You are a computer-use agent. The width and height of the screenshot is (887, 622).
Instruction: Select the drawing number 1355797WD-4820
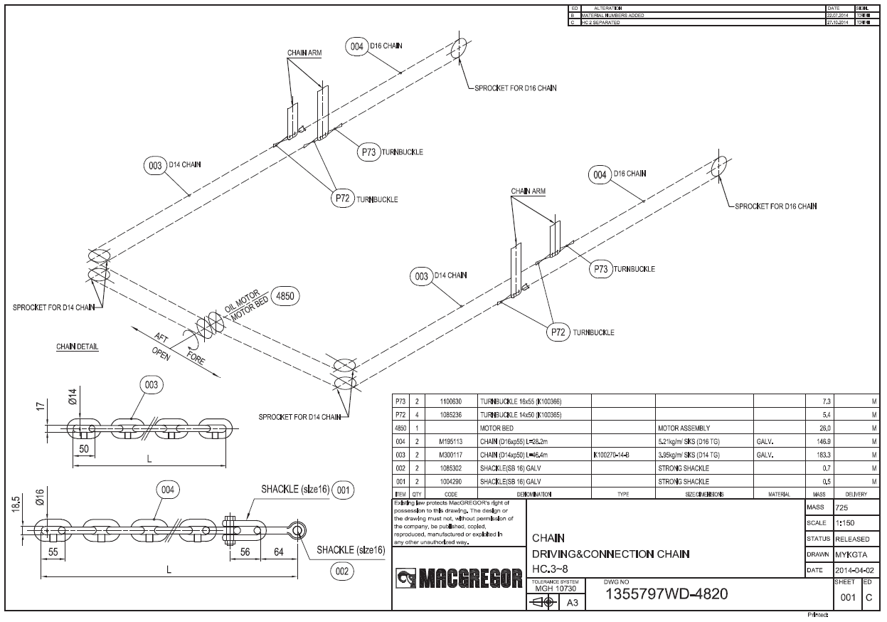click(x=665, y=594)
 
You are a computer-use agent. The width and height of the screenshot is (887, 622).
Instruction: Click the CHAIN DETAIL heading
click(x=77, y=347)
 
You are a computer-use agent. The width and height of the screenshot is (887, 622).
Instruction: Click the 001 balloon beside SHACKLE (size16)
click(x=342, y=490)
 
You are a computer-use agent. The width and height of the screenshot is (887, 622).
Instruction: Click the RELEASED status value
click(x=851, y=539)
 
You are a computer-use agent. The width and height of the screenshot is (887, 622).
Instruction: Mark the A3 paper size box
click(x=570, y=603)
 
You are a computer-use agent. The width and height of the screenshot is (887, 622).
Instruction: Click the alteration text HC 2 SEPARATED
click(x=601, y=22)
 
